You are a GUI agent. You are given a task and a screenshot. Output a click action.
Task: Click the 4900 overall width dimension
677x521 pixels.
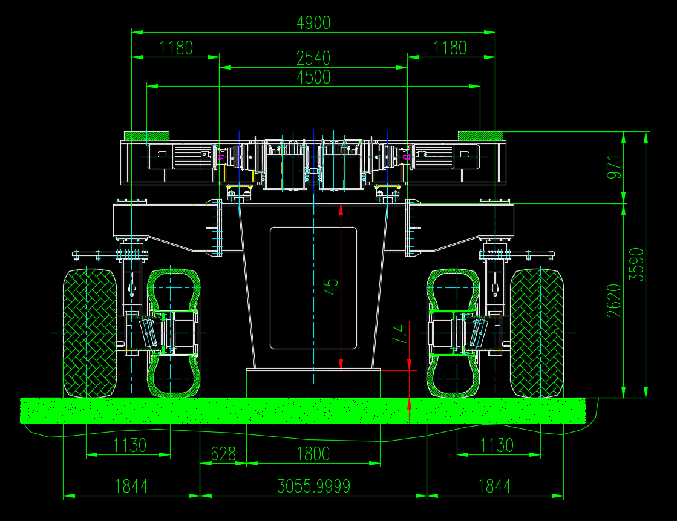pyautogui.click(x=313, y=22)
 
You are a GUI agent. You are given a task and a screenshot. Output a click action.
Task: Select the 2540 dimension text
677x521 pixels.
pyautogui.click(x=313, y=58)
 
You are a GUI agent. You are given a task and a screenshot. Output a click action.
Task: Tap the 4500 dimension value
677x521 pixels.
pyautogui.click(x=313, y=77)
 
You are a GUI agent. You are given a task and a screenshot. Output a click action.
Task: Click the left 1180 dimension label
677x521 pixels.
pyautogui.click(x=176, y=48)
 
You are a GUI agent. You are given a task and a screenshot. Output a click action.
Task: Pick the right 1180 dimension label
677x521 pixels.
pyautogui.click(x=450, y=48)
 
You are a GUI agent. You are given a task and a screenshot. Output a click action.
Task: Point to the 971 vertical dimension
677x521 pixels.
pyautogui.click(x=614, y=167)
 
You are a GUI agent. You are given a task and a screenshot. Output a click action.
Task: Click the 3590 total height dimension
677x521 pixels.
pyautogui.click(x=636, y=264)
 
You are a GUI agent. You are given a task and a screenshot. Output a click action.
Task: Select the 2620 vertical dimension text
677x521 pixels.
pyautogui.click(x=614, y=301)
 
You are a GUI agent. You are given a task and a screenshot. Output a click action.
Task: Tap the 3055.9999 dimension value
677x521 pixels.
pyautogui.click(x=313, y=487)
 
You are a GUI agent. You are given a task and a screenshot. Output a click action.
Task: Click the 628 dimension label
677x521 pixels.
pyautogui.click(x=223, y=454)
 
